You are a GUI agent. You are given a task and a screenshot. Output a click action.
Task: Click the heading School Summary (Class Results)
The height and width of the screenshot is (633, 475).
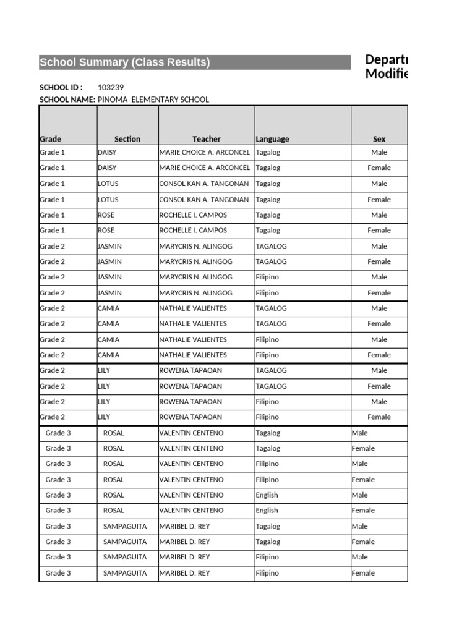125,62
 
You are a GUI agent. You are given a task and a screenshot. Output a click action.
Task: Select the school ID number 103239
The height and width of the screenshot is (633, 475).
111,87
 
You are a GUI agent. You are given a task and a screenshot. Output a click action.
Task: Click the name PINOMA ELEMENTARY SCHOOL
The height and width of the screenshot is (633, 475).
153,99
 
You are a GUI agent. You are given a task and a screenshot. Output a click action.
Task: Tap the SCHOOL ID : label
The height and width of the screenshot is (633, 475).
61,87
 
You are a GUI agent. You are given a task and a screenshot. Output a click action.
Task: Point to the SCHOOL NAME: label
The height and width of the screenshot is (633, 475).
67,99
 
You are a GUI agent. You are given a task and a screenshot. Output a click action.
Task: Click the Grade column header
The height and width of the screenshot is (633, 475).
51,139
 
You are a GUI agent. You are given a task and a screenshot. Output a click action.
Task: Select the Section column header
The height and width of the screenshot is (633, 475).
127,139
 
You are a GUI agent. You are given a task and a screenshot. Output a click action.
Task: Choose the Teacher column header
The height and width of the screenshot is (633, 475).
206,139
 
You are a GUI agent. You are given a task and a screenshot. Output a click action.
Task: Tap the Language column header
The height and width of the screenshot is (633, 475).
272,139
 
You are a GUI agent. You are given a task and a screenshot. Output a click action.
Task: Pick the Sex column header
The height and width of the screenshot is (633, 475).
379,139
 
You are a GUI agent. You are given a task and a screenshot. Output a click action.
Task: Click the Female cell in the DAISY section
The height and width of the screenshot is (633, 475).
379,168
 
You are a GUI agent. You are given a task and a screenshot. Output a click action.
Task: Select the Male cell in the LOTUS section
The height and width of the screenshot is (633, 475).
379,184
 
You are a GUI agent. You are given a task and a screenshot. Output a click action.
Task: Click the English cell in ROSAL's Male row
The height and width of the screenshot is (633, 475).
267,495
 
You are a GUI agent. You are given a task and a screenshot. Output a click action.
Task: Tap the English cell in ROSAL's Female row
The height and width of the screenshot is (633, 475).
267,511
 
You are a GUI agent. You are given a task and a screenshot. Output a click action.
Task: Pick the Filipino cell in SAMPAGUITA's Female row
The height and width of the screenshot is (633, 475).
267,573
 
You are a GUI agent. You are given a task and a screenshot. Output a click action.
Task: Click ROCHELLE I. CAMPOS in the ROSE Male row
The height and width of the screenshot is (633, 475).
193,215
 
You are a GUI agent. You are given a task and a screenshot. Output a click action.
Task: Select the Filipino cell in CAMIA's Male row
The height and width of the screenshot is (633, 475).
267,339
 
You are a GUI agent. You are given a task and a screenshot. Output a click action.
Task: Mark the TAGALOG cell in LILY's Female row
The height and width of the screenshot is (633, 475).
272,386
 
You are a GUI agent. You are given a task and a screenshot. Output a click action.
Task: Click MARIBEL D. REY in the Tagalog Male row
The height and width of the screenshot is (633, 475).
184,526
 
